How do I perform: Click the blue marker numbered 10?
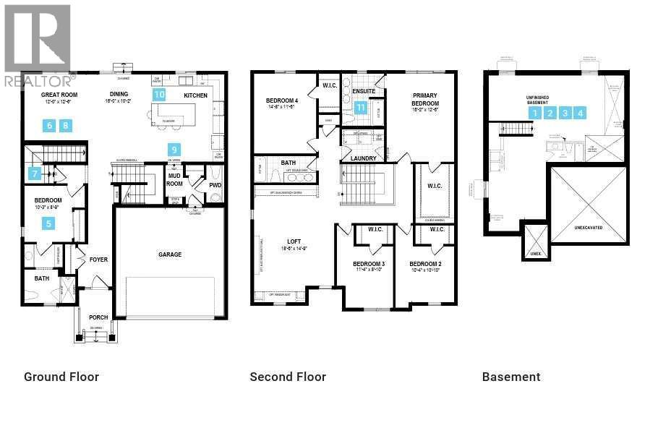(159, 94)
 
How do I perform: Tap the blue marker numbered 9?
(174, 150)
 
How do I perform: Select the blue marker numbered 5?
(49, 223)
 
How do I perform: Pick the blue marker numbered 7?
(34, 174)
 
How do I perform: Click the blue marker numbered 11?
(361, 108)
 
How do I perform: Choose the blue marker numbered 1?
(534, 113)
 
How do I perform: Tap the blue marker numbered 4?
(580, 113)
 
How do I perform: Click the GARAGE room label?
(170, 254)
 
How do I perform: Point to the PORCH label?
(98, 317)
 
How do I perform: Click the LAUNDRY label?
(362, 158)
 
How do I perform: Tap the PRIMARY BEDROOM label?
(425, 99)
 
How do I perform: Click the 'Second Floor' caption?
(288, 377)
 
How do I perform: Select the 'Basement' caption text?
(511, 377)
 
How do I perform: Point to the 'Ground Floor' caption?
(61, 377)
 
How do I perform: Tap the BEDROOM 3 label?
(368, 264)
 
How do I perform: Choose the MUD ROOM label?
(174, 179)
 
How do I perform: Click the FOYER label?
(98, 260)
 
